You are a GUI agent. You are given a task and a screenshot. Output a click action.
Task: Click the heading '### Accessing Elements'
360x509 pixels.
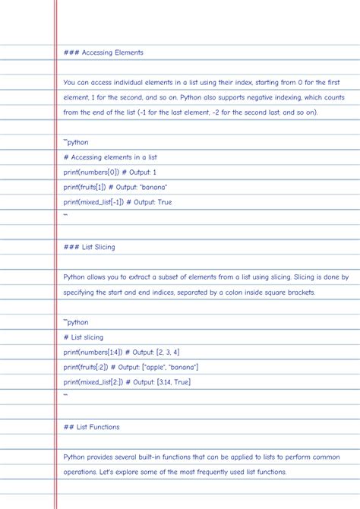click(103, 52)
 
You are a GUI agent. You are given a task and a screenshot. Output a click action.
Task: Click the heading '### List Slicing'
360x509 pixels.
click(90, 247)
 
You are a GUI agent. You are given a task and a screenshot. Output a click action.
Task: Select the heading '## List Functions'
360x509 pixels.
click(92, 427)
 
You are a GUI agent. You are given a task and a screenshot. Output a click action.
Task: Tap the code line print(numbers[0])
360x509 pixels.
click(90, 172)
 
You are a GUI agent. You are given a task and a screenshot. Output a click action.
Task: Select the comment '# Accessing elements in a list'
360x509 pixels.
click(110, 157)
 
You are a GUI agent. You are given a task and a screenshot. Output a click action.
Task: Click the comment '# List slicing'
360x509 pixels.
click(84, 337)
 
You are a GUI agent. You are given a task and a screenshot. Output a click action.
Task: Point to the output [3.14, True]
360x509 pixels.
click(173, 382)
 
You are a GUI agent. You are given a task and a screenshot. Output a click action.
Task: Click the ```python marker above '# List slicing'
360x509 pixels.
click(76, 322)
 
